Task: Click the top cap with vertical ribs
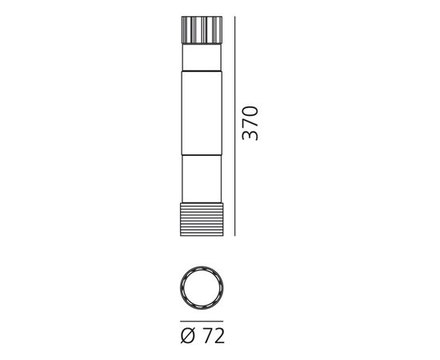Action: pyautogui.click(x=202, y=30)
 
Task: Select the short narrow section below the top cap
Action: pyautogui.click(x=202, y=57)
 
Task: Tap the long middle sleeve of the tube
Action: pyautogui.click(x=202, y=113)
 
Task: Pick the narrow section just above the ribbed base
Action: pyautogui.click(x=202, y=178)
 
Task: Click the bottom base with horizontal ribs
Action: pyautogui.click(x=202, y=219)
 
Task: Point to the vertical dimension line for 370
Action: pyautogui.click(x=235, y=126)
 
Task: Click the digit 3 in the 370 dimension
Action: pyautogui.click(x=250, y=135)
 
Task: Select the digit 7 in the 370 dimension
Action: pyautogui.click(x=250, y=123)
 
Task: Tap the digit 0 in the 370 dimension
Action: pyautogui.click(x=250, y=111)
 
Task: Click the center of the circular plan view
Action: pyautogui.click(x=202, y=288)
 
